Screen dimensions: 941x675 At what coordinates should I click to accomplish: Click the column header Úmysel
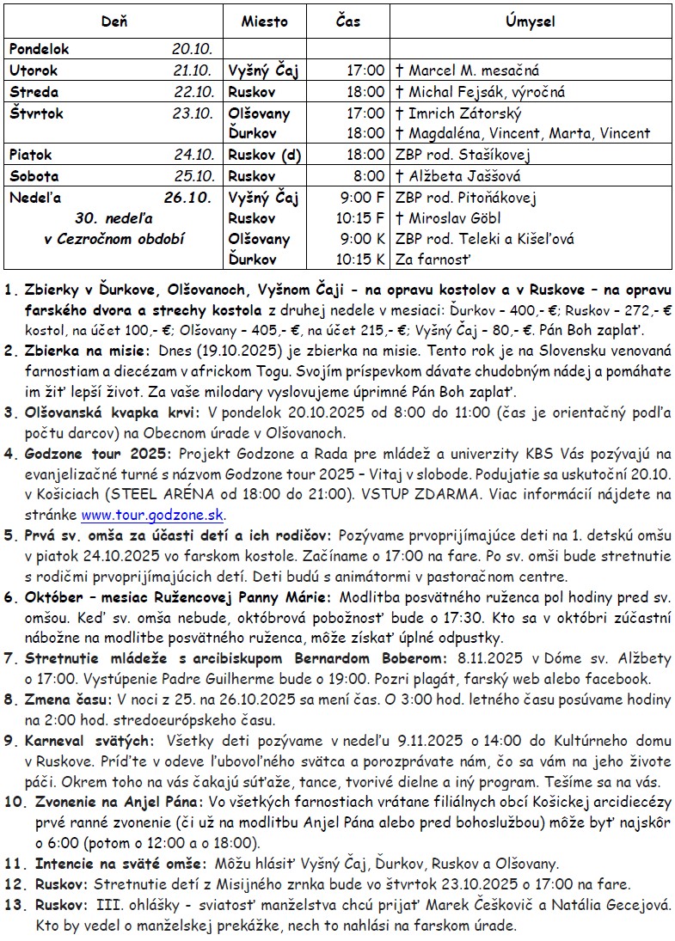531,21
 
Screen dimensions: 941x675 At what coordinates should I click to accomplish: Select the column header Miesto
264,21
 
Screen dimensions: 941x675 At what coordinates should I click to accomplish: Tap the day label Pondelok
39,50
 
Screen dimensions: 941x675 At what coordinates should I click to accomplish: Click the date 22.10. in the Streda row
192,92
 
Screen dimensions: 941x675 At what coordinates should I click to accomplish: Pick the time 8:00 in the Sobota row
369,176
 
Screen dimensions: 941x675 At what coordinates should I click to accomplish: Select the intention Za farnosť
434,259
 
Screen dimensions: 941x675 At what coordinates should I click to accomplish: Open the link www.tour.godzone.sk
152,516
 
